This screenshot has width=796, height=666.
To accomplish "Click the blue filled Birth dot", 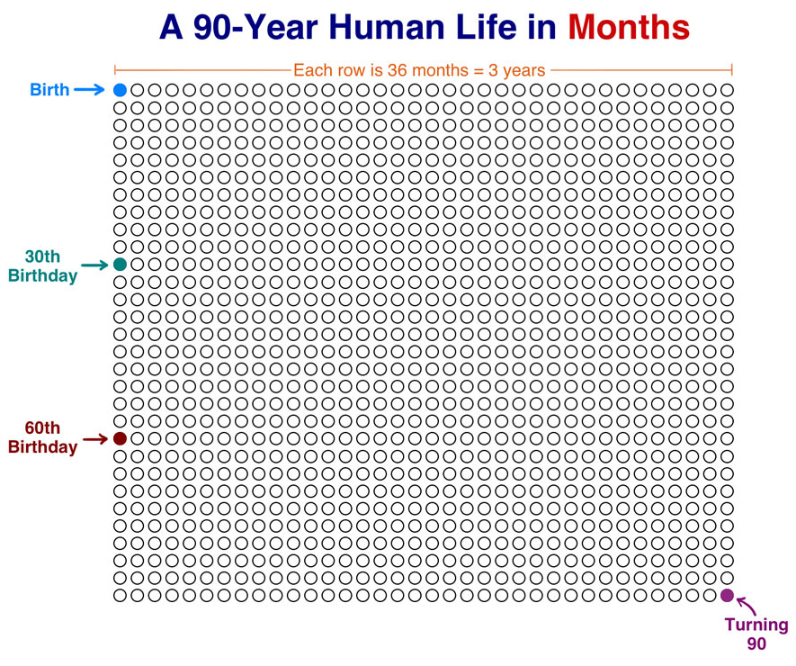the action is coord(120,90).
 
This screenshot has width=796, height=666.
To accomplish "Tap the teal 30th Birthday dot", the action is coord(120,265).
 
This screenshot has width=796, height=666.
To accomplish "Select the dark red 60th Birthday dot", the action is coord(120,438).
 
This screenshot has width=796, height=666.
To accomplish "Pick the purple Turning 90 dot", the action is coord(727,596).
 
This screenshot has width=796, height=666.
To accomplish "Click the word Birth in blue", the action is coord(49,90).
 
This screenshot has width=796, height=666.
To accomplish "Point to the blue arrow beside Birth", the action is coord(89,90).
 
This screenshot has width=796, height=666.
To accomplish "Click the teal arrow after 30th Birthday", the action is coord(95,265).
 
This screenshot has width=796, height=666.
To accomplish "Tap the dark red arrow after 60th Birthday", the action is coord(95,439).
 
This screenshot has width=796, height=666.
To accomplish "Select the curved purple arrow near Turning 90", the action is coord(747,605).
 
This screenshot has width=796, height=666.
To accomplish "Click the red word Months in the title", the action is coord(629,27).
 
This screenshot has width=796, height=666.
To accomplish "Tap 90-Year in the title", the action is coord(255,27).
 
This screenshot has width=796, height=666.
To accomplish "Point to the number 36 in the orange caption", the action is coord(398,70).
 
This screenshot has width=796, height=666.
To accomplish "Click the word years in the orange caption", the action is coord(523,71).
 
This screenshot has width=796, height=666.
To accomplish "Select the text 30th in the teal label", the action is coord(42,256).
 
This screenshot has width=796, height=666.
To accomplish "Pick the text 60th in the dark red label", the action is coord(42,427).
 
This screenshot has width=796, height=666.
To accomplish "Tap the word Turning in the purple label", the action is coord(756,625).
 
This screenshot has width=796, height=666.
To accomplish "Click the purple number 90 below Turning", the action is coord(756,643).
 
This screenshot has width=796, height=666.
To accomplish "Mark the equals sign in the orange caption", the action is coord(478,70).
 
